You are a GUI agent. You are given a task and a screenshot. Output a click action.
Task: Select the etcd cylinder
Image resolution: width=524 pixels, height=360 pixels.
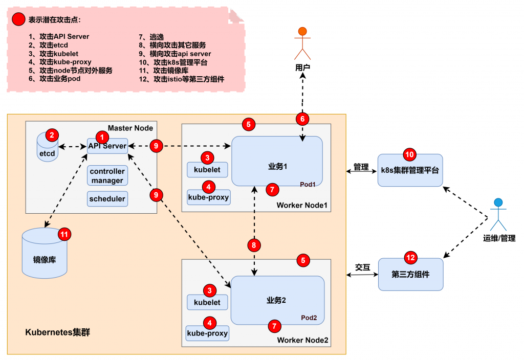point(47,149)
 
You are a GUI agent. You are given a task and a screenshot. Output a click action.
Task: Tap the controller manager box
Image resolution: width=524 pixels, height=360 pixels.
point(107,176)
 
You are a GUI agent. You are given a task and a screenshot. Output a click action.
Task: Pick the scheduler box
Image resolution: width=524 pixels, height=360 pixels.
point(107,198)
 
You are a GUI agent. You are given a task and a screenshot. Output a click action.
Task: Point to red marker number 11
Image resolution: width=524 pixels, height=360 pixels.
point(64,234)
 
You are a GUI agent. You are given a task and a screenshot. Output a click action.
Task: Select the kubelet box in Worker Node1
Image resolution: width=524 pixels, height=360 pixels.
point(207,169)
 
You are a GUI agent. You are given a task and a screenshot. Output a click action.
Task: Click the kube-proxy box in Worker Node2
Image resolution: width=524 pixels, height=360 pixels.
point(208,333)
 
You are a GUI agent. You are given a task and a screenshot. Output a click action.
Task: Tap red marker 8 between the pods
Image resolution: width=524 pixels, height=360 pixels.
point(254,245)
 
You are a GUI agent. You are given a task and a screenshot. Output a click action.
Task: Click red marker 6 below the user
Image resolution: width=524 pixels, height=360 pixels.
point(302,119)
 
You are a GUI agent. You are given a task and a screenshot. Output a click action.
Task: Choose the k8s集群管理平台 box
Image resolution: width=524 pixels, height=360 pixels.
point(410,170)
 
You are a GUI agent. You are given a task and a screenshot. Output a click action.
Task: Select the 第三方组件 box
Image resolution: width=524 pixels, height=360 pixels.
point(410,274)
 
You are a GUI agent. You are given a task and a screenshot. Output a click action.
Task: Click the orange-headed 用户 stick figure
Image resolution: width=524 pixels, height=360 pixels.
point(302,43)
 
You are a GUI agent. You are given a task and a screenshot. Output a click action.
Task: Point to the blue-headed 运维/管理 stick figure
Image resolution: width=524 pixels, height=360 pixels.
point(498,215)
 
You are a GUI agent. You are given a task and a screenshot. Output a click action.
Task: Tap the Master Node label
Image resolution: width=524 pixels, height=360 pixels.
point(130,128)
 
